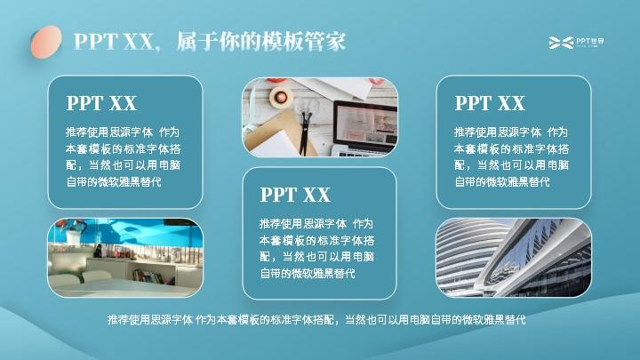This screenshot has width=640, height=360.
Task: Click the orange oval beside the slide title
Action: click(46, 42)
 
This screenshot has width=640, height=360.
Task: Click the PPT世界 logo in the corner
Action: click(576, 42)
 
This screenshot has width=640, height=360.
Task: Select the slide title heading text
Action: click(210, 41)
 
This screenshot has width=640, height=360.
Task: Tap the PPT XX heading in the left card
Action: click(101, 103)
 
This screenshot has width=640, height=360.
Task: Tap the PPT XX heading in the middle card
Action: click(295, 195)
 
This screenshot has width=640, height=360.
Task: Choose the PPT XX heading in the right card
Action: click(490, 103)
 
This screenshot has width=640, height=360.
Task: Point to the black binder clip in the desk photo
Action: click(305, 132)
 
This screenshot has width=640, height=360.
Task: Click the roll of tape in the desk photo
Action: click(280, 97)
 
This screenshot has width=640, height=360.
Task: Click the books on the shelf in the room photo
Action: click(154, 277)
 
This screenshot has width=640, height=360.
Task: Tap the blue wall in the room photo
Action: click(135, 234)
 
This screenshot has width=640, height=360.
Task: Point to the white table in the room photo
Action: click(123, 288)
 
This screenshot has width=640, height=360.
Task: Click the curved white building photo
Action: click(514, 258)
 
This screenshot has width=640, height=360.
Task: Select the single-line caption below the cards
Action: click(316, 320)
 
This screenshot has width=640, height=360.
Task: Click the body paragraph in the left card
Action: click(123, 156)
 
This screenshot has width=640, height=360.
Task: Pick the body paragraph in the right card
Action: click(511, 156)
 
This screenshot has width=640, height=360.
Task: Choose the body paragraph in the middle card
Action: click(316, 248)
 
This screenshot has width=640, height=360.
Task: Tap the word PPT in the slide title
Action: click(96, 41)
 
